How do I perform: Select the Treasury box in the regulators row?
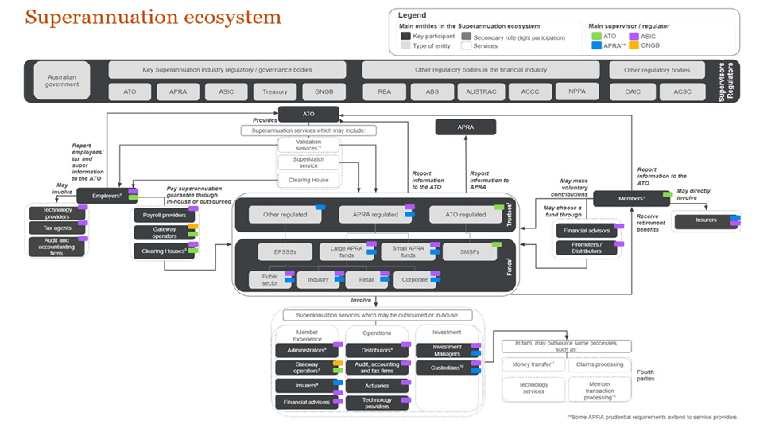coord(275,91)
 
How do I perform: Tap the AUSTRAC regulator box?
coord(482,91)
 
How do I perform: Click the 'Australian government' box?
coord(62,80)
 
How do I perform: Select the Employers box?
coord(105,196)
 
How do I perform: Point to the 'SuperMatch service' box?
coord(308,162)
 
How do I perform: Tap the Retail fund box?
coord(366,279)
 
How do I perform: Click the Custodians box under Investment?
coord(445,368)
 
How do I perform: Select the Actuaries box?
coord(377,385)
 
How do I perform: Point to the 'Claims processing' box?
coord(599,364)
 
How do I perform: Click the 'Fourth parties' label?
coord(646,376)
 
